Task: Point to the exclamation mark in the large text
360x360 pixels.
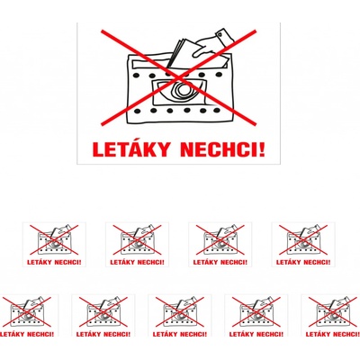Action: (x=262, y=149)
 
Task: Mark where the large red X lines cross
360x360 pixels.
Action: (x=179, y=77)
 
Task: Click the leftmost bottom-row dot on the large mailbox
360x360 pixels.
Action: (x=137, y=112)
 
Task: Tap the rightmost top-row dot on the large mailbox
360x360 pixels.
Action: (x=219, y=75)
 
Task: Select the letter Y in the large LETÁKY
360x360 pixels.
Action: (x=162, y=149)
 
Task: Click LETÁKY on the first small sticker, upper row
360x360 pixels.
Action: (x=39, y=262)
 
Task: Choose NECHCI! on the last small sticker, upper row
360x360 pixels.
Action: (x=317, y=262)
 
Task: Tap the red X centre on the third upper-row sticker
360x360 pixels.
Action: (x=220, y=239)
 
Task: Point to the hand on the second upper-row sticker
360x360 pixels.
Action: (x=145, y=229)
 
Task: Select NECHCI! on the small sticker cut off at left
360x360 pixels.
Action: (x=40, y=334)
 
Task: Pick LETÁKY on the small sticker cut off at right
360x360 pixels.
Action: (x=318, y=334)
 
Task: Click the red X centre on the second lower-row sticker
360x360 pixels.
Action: (x=103, y=311)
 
